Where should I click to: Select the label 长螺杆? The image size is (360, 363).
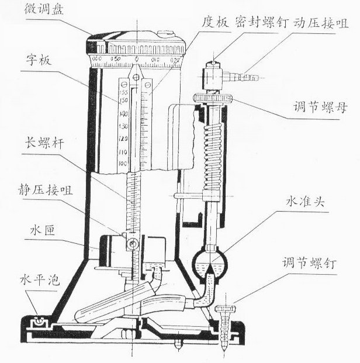(37, 143)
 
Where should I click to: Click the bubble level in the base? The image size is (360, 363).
(40, 321)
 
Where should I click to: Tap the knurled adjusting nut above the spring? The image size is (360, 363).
(213, 98)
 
